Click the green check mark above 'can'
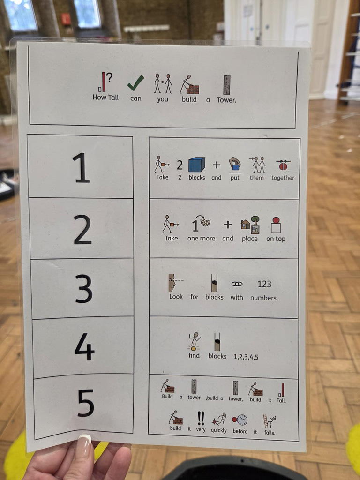(135, 83)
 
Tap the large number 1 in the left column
(81, 168)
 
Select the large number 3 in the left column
(84, 289)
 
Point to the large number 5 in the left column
(86, 403)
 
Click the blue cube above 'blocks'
(196, 165)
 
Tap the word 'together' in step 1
(283, 178)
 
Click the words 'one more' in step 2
(201, 239)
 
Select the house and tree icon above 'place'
(250, 225)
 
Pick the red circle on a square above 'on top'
(276, 225)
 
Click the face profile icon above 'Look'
(172, 283)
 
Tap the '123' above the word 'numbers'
(264, 284)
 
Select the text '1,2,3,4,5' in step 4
(246, 357)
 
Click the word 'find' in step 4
(194, 355)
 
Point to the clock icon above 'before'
(242, 420)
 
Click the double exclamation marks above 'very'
(201, 418)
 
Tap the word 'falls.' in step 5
(270, 433)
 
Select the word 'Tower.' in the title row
(226, 100)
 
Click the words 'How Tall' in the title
(105, 97)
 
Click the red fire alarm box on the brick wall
(66, 19)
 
